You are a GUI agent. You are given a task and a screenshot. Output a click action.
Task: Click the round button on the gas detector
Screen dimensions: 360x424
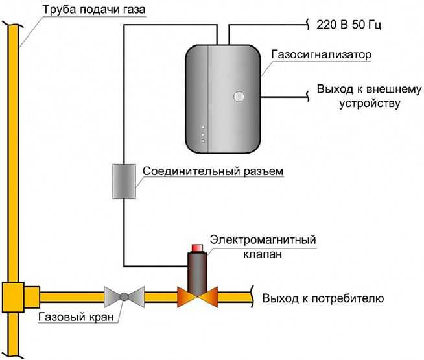239,98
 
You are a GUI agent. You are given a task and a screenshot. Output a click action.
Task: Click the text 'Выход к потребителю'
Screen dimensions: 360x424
324,299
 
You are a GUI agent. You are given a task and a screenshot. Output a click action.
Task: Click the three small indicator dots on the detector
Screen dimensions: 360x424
203,134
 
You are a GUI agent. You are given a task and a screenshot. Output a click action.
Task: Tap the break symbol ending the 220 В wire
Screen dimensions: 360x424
307,26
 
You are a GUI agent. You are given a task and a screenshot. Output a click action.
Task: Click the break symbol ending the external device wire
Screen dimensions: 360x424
307,97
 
